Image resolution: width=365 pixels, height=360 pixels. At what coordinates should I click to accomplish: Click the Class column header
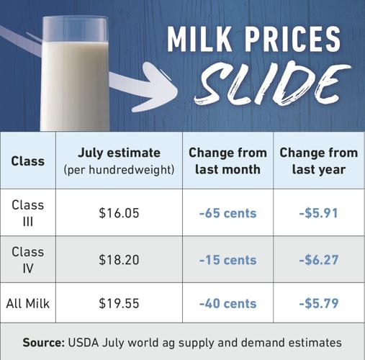tap(28, 161)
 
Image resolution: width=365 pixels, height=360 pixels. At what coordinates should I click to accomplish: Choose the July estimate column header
tap(118, 161)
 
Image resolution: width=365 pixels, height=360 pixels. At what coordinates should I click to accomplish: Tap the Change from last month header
tap(227, 161)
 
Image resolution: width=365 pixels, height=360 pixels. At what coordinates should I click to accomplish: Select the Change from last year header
tap(318, 161)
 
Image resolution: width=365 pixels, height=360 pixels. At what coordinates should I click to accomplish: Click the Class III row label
tap(28, 213)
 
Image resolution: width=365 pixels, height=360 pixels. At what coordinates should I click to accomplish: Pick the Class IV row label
tap(28, 259)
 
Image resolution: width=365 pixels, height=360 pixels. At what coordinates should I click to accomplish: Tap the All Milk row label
tap(28, 304)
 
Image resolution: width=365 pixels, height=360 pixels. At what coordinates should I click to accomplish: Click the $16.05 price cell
tap(118, 213)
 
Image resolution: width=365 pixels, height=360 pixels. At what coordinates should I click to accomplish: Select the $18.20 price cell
tap(118, 259)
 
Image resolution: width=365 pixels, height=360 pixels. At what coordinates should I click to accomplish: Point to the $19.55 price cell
tap(118, 304)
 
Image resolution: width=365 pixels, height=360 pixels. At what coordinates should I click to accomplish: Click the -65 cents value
tap(227, 213)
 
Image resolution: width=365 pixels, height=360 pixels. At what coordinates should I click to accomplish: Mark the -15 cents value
tap(227, 259)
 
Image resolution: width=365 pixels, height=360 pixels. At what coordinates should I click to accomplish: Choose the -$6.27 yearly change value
tap(318, 259)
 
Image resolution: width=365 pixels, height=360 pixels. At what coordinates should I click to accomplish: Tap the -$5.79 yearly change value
tap(318, 304)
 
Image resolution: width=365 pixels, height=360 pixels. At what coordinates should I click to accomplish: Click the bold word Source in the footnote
tap(44, 342)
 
